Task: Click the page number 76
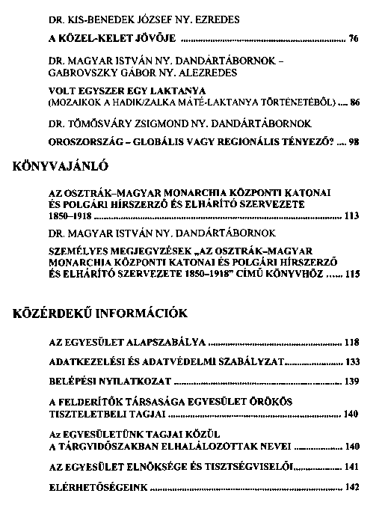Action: (x=354, y=37)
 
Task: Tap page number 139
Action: (x=352, y=382)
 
